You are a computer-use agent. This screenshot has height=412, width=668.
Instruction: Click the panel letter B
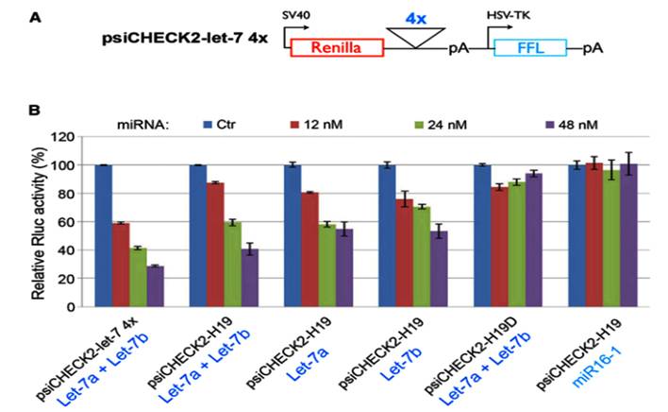35,111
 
